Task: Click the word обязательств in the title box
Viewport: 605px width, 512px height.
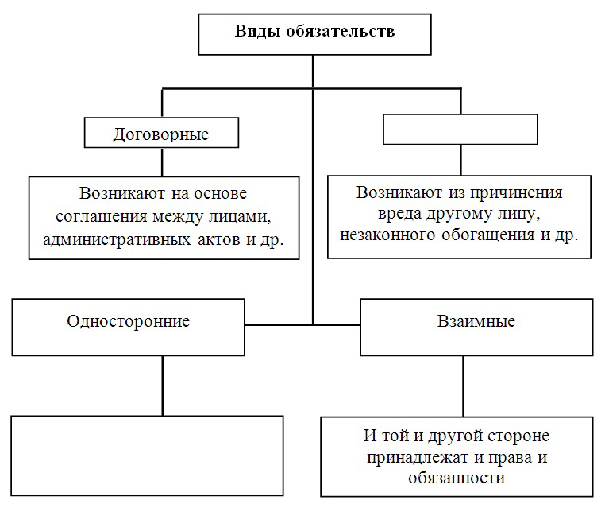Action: pyautogui.click(x=341, y=31)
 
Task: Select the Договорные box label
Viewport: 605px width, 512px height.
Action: pyautogui.click(x=161, y=134)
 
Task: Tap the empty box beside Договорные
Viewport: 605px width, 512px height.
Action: pyautogui.click(x=460, y=130)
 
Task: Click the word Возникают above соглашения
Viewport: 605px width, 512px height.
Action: pyautogui.click(x=122, y=193)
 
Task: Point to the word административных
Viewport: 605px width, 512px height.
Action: pyautogui.click(x=117, y=240)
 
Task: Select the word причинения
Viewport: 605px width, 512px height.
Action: pyautogui.click(x=515, y=193)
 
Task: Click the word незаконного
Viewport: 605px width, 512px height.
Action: pyautogui.click(x=387, y=235)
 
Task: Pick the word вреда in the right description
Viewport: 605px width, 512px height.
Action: pyautogui.click(x=399, y=214)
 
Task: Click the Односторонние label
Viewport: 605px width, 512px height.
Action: pyautogui.click(x=129, y=321)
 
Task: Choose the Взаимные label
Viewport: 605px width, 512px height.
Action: pyautogui.click(x=476, y=321)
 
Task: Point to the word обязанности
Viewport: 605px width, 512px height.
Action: pyautogui.click(x=457, y=479)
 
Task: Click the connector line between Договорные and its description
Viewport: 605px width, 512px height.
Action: pyautogui.click(x=162, y=162)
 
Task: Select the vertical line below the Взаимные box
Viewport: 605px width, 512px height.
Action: pyautogui.click(x=463, y=386)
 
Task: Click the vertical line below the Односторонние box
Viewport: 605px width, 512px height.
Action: pyautogui.click(x=163, y=386)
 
